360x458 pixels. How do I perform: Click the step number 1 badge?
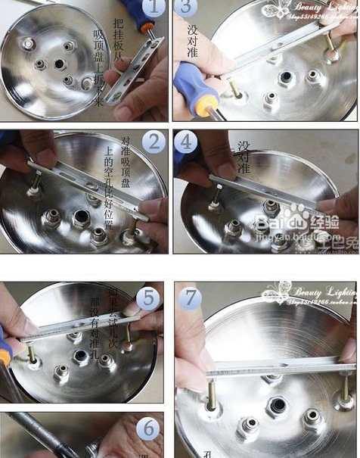(x=154, y=10)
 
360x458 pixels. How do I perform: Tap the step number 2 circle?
(x=154, y=142)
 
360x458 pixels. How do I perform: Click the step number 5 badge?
(x=147, y=298)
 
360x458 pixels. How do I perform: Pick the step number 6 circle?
(x=149, y=428)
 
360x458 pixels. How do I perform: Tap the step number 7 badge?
(x=190, y=298)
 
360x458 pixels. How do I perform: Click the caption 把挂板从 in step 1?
(x=117, y=39)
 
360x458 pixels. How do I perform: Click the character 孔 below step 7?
(x=206, y=452)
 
